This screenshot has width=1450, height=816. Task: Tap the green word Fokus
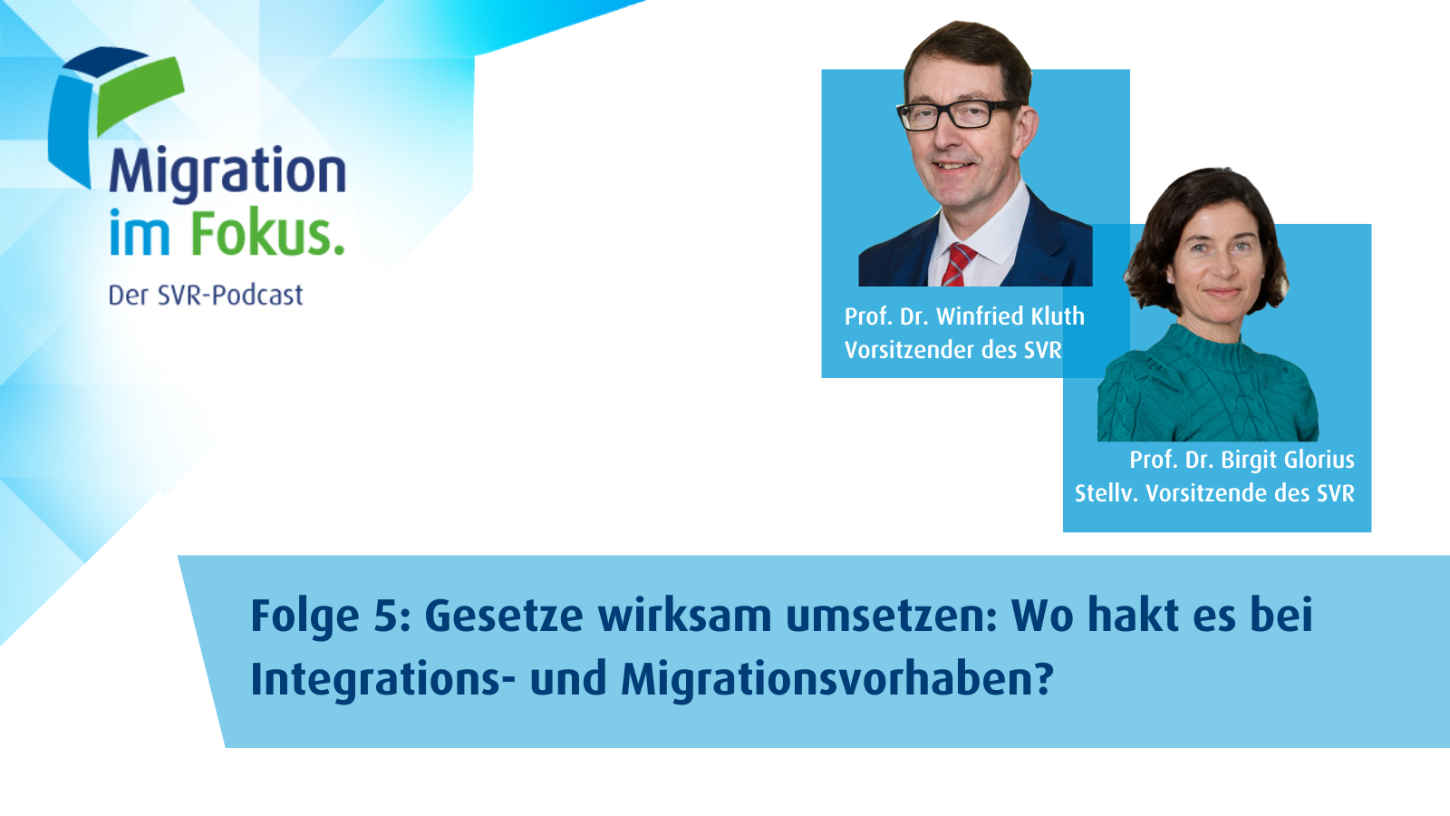pos(267,232)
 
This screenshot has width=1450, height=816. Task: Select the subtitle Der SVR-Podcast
pos(205,296)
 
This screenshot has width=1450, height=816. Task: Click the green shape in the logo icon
pos(140,96)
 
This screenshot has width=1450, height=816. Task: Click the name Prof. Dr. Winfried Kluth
pos(964,316)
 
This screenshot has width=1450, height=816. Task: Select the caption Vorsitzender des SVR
pos(952,350)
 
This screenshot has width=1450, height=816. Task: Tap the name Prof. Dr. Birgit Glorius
pos(1242,460)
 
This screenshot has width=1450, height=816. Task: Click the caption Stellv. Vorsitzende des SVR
pos(1215,493)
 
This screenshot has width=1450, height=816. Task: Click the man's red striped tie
pos(958,264)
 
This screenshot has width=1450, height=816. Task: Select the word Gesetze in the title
pos(504,616)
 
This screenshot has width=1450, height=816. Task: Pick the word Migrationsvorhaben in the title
pos(837,679)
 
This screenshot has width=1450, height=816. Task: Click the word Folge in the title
pos(304,617)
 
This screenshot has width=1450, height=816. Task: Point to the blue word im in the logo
pos(140,232)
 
